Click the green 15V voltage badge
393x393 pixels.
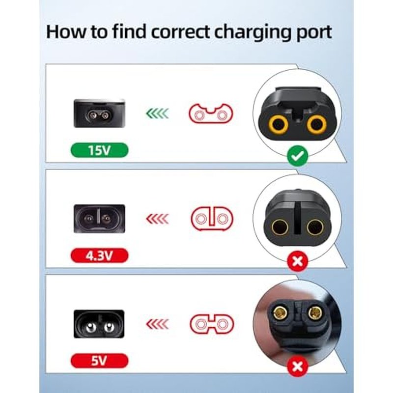100,150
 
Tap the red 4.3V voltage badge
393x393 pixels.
100,255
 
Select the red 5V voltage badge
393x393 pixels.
100,361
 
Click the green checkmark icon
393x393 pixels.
298,156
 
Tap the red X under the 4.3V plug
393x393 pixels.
298,262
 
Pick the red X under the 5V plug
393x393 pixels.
298,367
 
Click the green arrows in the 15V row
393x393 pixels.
157,113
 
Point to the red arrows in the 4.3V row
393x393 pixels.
157,219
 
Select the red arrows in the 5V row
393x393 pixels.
157,324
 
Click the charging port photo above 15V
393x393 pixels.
99,113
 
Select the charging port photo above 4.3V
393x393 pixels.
99,219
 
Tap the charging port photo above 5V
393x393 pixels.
99,324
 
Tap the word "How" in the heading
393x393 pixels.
66,32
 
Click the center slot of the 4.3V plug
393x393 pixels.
298,218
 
